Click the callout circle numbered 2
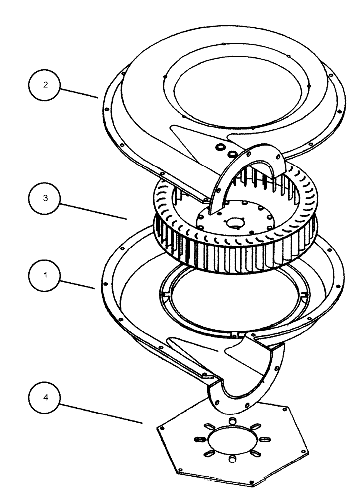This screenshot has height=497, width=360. tap(45, 85)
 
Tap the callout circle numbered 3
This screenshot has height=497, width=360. tap(45, 197)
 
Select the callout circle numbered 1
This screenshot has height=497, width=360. tap(45, 275)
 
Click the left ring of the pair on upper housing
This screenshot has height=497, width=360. tap(220, 148)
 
